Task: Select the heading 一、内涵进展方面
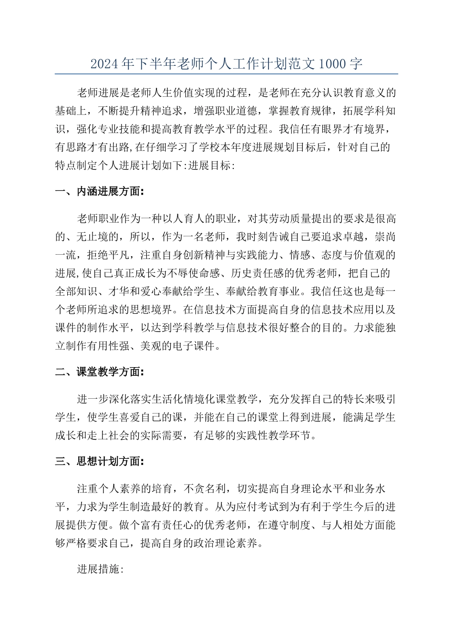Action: point(99,192)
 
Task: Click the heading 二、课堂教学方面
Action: point(99,372)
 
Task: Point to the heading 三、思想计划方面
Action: point(99,462)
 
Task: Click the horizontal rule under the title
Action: point(226,74)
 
